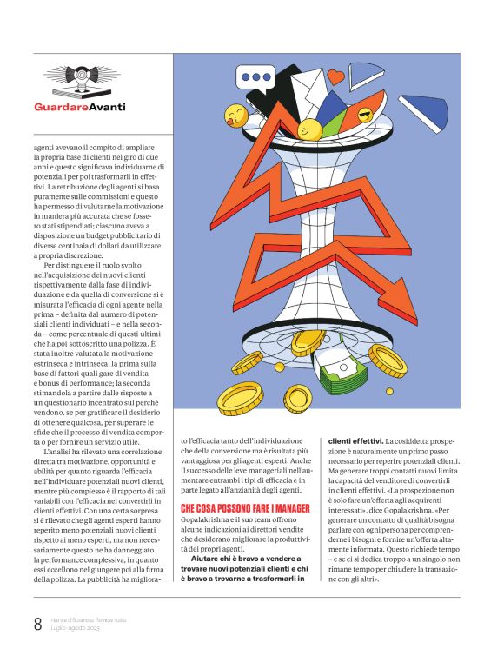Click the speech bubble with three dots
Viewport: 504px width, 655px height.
click(x=257, y=76)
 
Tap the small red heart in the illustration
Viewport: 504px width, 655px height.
click(x=336, y=77)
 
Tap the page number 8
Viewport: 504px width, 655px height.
click(x=37, y=623)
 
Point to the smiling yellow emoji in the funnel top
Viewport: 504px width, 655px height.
click(x=309, y=129)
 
